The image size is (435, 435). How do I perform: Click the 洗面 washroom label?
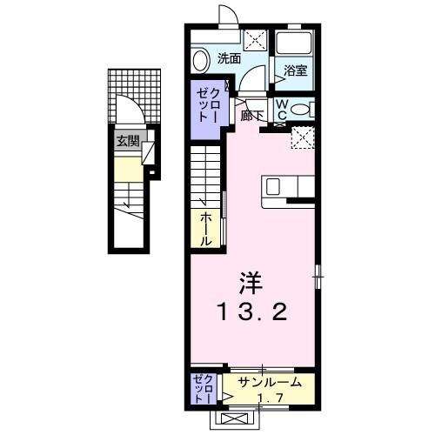(x=229, y=59)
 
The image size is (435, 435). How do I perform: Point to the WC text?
(x=283, y=109)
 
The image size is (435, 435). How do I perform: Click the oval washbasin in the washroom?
(x=200, y=61)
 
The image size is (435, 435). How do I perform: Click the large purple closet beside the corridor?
(x=209, y=106)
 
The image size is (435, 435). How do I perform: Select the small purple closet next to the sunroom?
(x=203, y=388)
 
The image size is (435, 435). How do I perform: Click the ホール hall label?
(x=207, y=228)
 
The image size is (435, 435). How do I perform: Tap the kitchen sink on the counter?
(x=273, y=186)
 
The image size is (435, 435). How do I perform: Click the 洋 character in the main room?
(x=250, y=283)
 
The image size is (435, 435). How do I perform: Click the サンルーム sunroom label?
(x=271, y=382)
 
